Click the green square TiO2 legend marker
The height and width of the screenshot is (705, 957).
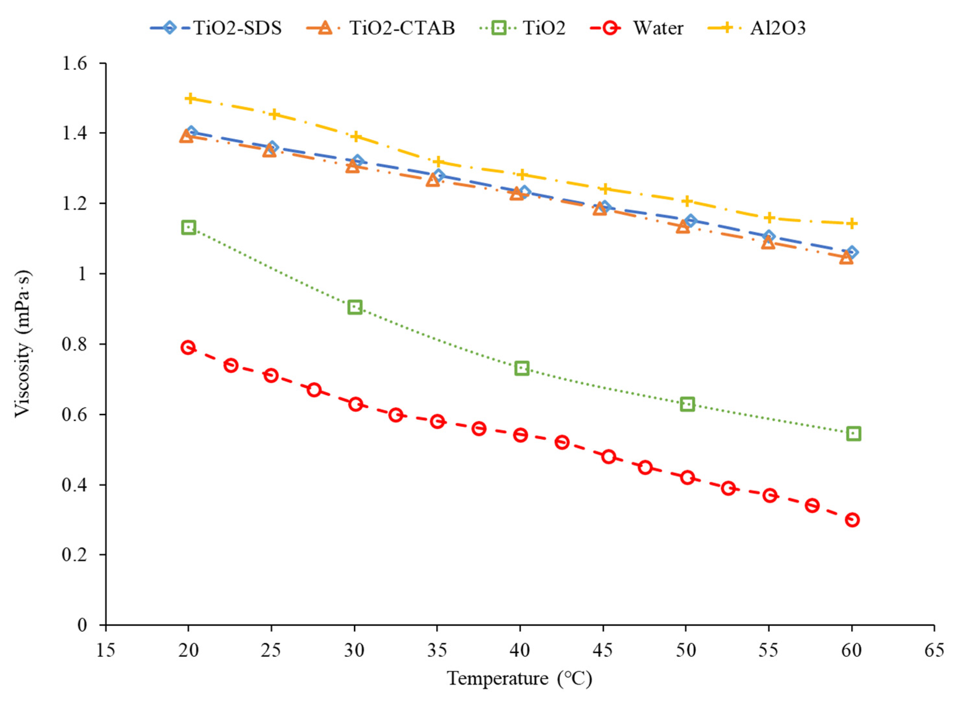498,28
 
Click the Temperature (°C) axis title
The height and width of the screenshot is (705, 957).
519,678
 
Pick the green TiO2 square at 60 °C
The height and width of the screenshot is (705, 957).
853,434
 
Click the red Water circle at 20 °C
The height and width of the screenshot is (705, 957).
188,347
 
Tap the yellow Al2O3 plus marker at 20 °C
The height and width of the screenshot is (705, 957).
190,99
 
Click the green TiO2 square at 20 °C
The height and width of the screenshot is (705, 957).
189,227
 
